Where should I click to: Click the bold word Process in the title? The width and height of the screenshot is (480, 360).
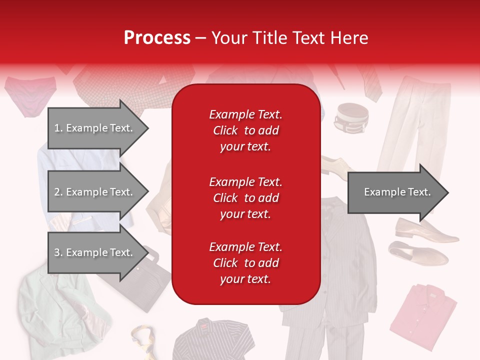pos(157,38)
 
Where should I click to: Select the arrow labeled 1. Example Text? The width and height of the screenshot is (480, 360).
pos(95,128)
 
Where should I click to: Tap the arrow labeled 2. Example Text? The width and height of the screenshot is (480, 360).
pos(95,192)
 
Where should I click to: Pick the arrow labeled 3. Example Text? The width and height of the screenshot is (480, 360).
pos(95,252)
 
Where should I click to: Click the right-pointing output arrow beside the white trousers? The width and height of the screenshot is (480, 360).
pos(397,192)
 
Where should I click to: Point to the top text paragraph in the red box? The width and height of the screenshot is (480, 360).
pos(245,130)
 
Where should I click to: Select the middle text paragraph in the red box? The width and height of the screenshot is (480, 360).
pos(245,198)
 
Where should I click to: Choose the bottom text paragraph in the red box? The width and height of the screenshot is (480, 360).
pos(245,263)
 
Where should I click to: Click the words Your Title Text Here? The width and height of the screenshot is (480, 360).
pos(289,38)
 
